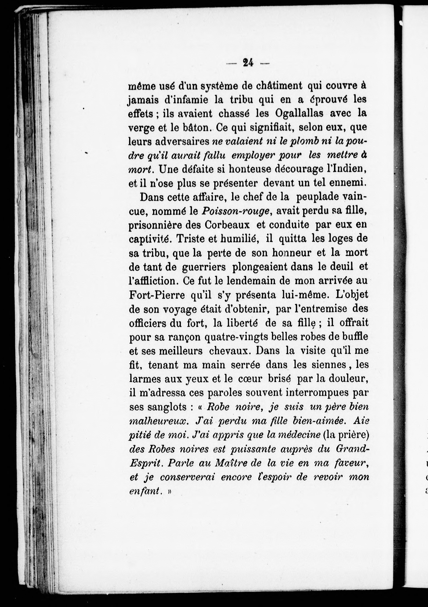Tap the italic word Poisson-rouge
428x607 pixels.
click(236, 211)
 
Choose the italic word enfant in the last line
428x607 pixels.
click(145, 491)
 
